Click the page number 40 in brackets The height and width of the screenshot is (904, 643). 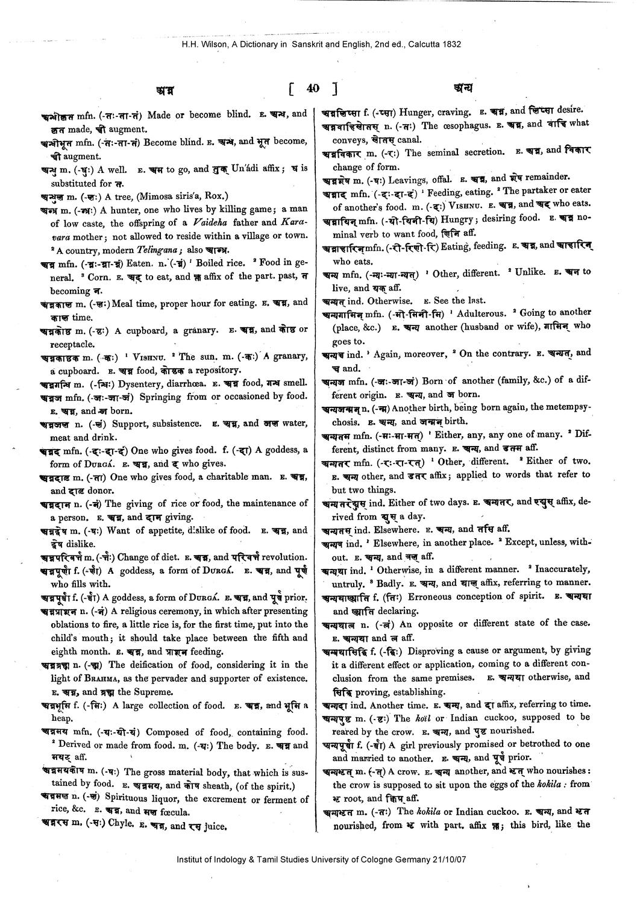point(312,89)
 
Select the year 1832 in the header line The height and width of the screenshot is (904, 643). point(451,44)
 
